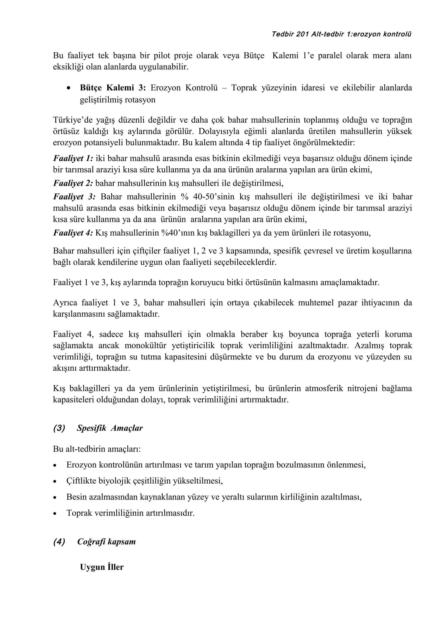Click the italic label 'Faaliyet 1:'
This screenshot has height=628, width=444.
73,158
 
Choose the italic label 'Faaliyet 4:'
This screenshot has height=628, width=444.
73,233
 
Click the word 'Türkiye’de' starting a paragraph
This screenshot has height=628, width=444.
71,120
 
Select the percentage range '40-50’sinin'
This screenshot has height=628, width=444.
214,197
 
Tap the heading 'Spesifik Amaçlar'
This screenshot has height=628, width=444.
110,428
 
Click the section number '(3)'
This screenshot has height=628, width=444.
59,428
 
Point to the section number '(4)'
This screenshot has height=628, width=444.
59,542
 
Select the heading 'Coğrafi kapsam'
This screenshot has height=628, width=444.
106,542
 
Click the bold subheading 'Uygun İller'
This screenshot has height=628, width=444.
102,567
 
